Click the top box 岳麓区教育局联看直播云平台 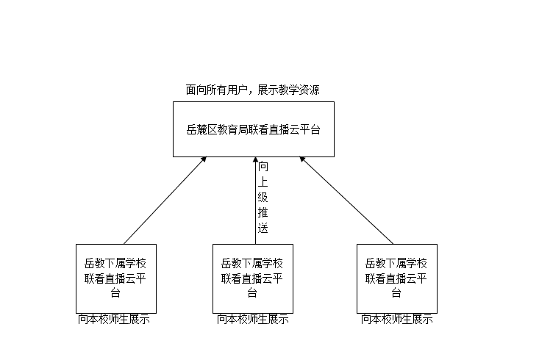tap(253, 129)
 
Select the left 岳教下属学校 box tap(116, 278)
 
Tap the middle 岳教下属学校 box tap(253, 278)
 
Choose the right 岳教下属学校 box tap(397, 278)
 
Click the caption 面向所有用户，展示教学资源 tap(252, 90)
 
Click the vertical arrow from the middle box tap(255, 206)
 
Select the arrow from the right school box tap(346, 201)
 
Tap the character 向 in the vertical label tap(263, 167)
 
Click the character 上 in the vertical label tap(263, 182)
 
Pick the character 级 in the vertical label tap(263, 197)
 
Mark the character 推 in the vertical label tap(263, 212)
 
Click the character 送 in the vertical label tap(263, 228)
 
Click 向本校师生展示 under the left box tap(114, 320)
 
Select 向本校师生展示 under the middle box tap(252, 320)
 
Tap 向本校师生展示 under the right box tap(396, 320)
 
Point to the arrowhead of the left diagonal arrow tap(204, 159)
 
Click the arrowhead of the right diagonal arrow tap(302, 159)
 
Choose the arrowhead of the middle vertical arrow tap(255, 160)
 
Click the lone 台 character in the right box tap(396, 293)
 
